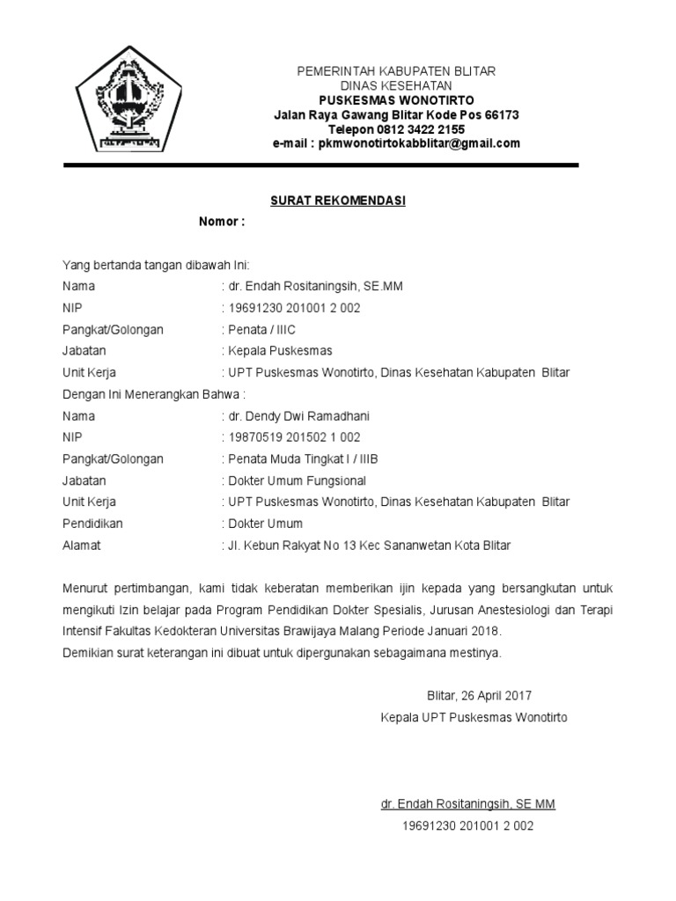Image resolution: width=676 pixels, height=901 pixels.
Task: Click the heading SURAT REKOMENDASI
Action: pos(337,201)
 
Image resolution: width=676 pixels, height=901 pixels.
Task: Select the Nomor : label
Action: pos(221,222)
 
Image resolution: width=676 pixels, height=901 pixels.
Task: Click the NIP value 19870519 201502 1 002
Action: pos(295,437)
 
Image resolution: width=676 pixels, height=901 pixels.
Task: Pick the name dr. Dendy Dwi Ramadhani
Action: pos(295,416)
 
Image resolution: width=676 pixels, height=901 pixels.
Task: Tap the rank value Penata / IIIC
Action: pos(262,330)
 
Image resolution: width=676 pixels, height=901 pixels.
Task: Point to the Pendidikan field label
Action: pos(92,524)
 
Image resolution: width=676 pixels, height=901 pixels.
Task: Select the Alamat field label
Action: pos(82,546)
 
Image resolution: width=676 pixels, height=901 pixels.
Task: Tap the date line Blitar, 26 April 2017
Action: pos(479,695)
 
